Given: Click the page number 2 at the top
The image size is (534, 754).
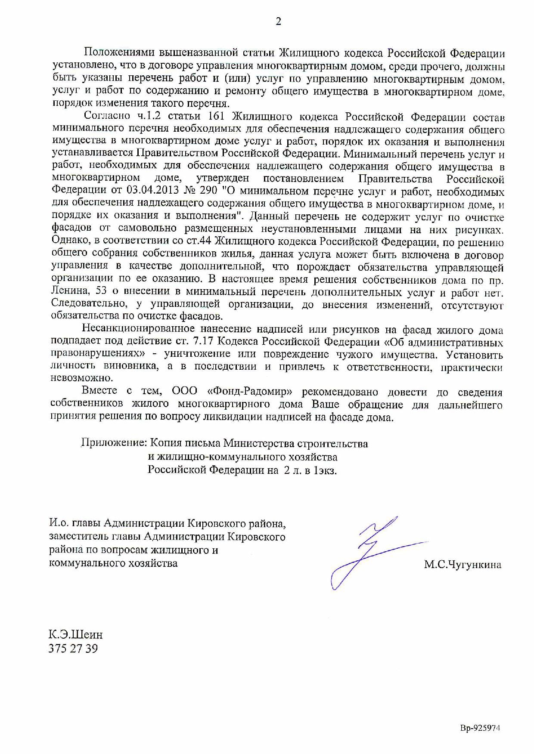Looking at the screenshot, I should [278, 22].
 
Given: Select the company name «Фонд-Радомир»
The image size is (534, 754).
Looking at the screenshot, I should [250, 392].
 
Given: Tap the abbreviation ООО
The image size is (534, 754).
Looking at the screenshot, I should [184, 392].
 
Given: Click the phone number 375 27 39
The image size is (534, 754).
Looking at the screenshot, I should [73, 649].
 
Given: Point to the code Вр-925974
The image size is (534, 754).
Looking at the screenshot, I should [481, 729].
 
